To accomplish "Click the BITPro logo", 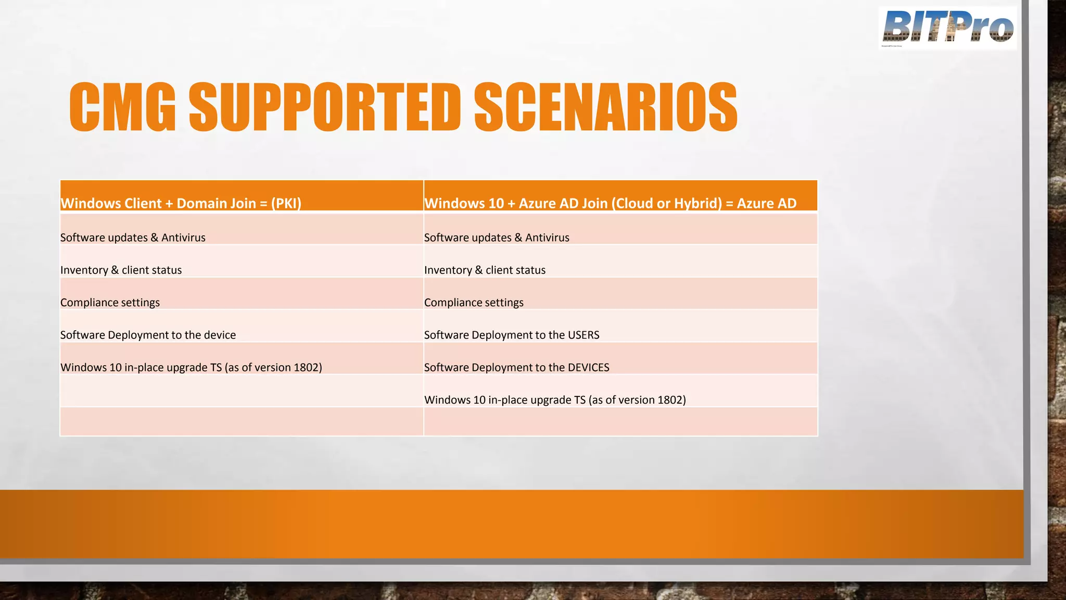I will (x=947, y=28).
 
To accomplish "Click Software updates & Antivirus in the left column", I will (x=133, y=238).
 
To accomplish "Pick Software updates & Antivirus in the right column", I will (x=497, y=238).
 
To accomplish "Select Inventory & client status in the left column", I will (x=121, y=270).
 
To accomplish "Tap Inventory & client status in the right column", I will (x=485, y=270).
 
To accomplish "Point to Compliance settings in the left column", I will (x=110, y=303).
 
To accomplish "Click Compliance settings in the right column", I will (x=474, y=303).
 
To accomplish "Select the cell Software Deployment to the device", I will (x=148, y=335).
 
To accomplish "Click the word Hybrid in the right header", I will (x=697, y=203).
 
